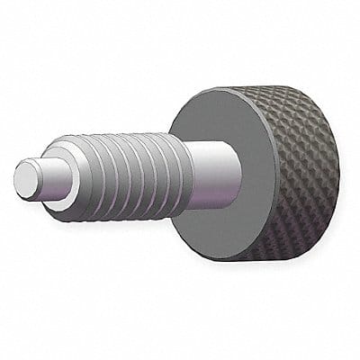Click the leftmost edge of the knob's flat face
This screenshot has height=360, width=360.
170,180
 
